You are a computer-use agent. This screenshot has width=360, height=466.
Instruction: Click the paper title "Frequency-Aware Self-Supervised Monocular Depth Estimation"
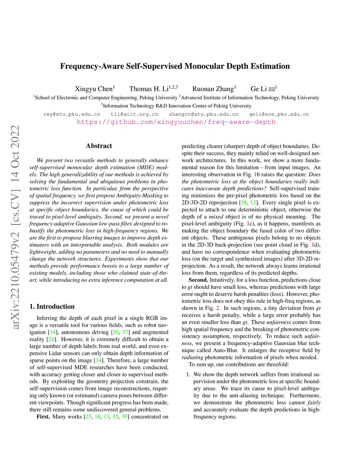point(175,66)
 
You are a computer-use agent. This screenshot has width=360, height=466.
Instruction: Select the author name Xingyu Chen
point(94,89)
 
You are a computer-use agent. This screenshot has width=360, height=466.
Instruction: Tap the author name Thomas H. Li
point(149,89)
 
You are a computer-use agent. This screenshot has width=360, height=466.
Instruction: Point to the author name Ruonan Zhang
point(213,89)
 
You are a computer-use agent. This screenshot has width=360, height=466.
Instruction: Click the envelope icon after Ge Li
point(271,89)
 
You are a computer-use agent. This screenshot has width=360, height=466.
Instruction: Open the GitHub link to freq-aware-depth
point(176,122)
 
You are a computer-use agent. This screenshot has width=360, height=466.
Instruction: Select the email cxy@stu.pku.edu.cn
point(72,114)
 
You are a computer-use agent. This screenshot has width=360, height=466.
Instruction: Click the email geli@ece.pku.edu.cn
point(279,114)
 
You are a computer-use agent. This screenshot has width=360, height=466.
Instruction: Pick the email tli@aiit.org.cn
point(134,114)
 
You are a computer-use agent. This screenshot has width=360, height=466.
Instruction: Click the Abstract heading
point(99,146)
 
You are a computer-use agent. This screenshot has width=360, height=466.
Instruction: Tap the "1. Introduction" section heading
point(52,306)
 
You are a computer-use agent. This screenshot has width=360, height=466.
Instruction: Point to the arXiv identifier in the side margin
point(15,227)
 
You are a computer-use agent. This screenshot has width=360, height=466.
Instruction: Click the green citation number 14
point(53,332)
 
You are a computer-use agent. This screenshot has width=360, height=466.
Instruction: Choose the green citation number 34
point(99,360)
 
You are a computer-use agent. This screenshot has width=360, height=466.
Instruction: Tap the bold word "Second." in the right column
point(198,280)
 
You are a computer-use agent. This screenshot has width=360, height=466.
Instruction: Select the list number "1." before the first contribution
point(188,375)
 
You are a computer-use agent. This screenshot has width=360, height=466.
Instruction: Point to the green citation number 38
point(244,203)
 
